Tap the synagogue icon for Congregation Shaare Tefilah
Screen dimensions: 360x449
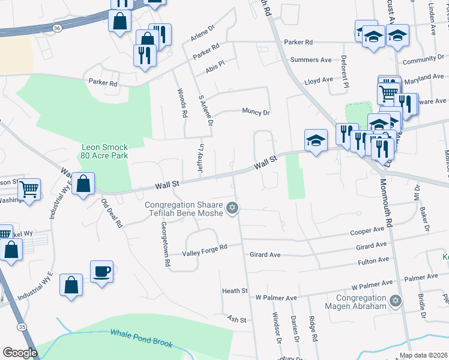[x=232, y=209]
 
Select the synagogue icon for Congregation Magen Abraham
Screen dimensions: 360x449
[x=395, y=301]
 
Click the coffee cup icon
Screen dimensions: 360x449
[x=101, y=271]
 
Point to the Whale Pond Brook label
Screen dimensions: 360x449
[x=141, y=338]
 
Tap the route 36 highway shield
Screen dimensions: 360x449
[x=57, y=28]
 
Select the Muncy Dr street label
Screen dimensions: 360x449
[x=256, y=112]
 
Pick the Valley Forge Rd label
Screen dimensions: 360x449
[x=206, y=247]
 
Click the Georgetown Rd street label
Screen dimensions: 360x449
[x=163, y=236]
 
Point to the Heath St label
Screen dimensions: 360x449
[x=235, y=291]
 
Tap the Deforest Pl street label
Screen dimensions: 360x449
[x=345, y=72]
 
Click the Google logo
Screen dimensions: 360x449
[x=20, y=353]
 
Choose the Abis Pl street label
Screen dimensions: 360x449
[x=214, y=66]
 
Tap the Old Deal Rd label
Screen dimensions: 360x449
[x=112, y=213]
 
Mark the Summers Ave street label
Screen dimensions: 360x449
[x=311, y=60]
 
